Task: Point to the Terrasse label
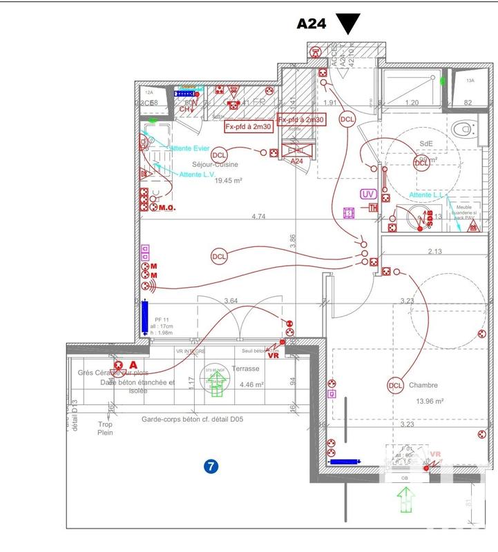245,368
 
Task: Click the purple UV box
368,195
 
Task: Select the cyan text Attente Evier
190,149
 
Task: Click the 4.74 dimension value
258,217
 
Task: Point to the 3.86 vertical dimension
292,241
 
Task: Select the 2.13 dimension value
434,251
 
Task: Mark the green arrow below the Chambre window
404,497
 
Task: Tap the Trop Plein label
104,428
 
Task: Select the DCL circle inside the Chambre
395,386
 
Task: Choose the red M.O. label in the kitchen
169,207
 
